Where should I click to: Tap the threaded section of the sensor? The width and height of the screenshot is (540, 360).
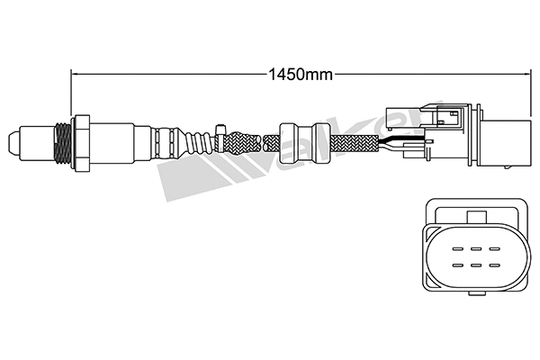pos(61,141)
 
